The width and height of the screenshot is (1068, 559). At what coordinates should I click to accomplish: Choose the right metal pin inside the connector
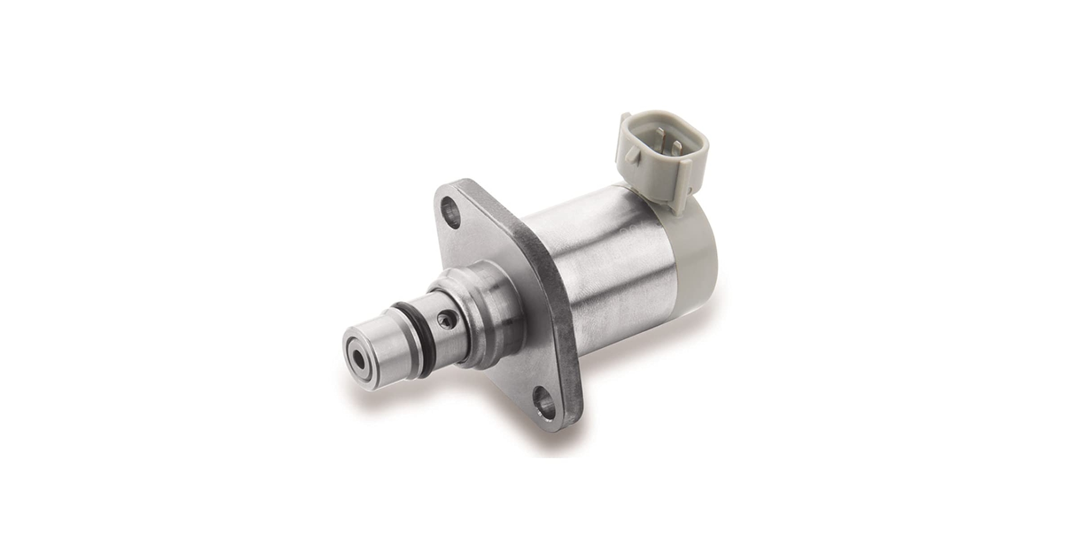point(677,146)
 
